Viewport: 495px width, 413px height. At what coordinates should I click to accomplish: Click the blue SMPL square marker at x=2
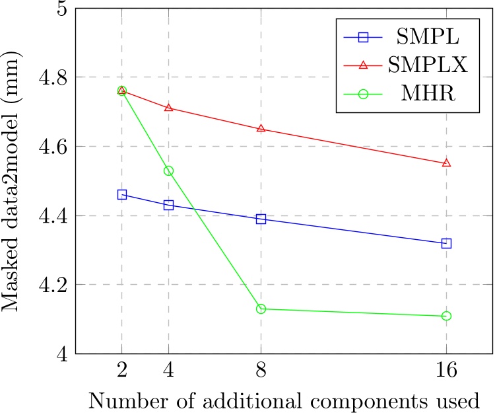click(x=121, y=194)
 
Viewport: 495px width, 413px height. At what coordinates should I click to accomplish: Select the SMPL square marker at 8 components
click(x=261, y=219)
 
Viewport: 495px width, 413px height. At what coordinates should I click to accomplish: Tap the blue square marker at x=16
click(x=446, y=243)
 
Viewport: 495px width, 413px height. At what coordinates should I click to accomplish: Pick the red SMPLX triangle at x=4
click(x=168, y=108)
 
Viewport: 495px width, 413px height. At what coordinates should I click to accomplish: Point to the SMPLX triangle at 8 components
click(x=261, y=129)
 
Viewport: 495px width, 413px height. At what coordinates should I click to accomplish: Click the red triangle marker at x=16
click(x=446, y=163)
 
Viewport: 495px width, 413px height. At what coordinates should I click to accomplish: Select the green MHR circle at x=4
click(x=168, y=170)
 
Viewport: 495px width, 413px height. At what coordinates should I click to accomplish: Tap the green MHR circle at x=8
click(x=261, y=309)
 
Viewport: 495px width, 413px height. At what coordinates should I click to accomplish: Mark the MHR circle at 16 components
click(x=446, y=316)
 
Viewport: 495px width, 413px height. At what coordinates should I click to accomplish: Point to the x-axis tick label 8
click(x=261, y=371)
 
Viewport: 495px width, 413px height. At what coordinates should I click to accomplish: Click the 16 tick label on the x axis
click(x=446, y=371)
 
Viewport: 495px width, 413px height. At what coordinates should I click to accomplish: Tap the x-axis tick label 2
click(x=121, y=371)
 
